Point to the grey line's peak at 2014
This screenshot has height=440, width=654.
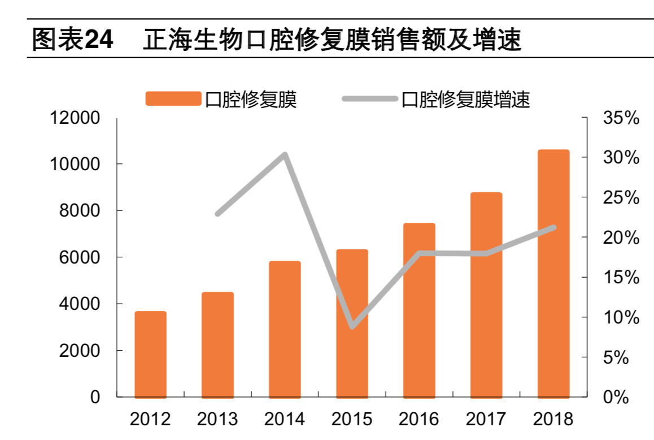click(x=285, y=154)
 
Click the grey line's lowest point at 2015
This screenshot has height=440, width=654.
click(x=352, y=326)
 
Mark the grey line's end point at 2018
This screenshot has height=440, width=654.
click(x=553, y=227)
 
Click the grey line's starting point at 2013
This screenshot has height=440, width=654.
click(x=218, y=214)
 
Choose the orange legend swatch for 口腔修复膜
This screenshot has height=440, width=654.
click(x=173, y=98)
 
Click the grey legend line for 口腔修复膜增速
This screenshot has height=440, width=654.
click(x=369, y=98)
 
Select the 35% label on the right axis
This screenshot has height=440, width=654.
click(x=621, y=118)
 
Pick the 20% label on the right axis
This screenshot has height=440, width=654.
click(x=621, y=238)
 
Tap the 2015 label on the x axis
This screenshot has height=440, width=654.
click(x=352, y=419)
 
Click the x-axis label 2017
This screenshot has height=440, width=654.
click(x=486, y=419)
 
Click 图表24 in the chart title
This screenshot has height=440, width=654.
click(x=72, y=41)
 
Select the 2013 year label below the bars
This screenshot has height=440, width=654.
click(x=217, y=419)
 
